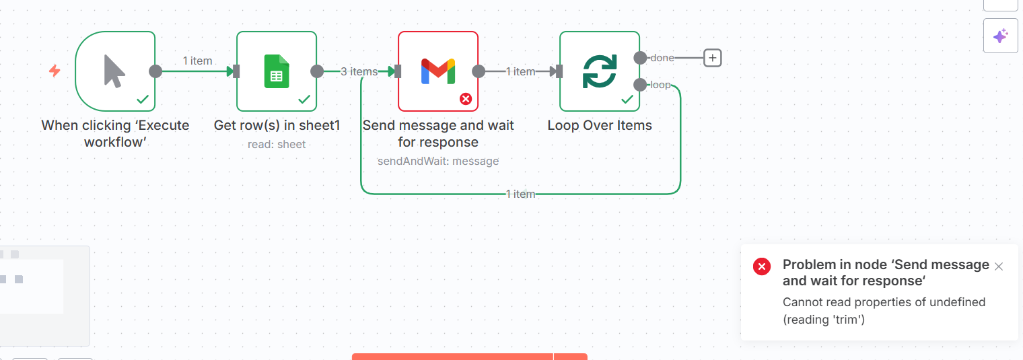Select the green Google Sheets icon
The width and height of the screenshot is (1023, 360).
(276, 71)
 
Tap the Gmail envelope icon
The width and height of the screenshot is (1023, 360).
(438, 71)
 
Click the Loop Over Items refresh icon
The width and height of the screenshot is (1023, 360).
(599, 71)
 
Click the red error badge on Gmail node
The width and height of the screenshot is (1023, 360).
(466, 99)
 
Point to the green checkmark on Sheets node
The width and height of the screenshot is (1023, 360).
(304, 99)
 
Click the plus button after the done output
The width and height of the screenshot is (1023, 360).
(712, 58)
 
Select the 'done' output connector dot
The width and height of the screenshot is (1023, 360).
(640, 58)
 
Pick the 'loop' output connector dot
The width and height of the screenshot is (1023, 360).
(640, 85)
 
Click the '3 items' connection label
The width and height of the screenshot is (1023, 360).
(359, 71)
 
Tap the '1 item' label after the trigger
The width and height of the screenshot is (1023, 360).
(197, 61)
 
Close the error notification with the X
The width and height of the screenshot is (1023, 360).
(999, 266)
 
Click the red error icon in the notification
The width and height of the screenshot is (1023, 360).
(761, 266)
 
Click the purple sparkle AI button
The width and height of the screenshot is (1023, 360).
(1000, 36)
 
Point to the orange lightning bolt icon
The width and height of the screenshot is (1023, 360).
(55, 71)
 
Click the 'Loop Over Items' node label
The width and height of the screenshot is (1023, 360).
(600, 125)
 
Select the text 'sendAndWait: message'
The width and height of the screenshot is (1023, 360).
(438, 161)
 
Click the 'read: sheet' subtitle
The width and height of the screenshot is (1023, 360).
(277, 144)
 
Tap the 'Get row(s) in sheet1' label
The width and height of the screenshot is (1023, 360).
(277, 125)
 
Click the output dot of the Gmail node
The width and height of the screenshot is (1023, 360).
(479, 71)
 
